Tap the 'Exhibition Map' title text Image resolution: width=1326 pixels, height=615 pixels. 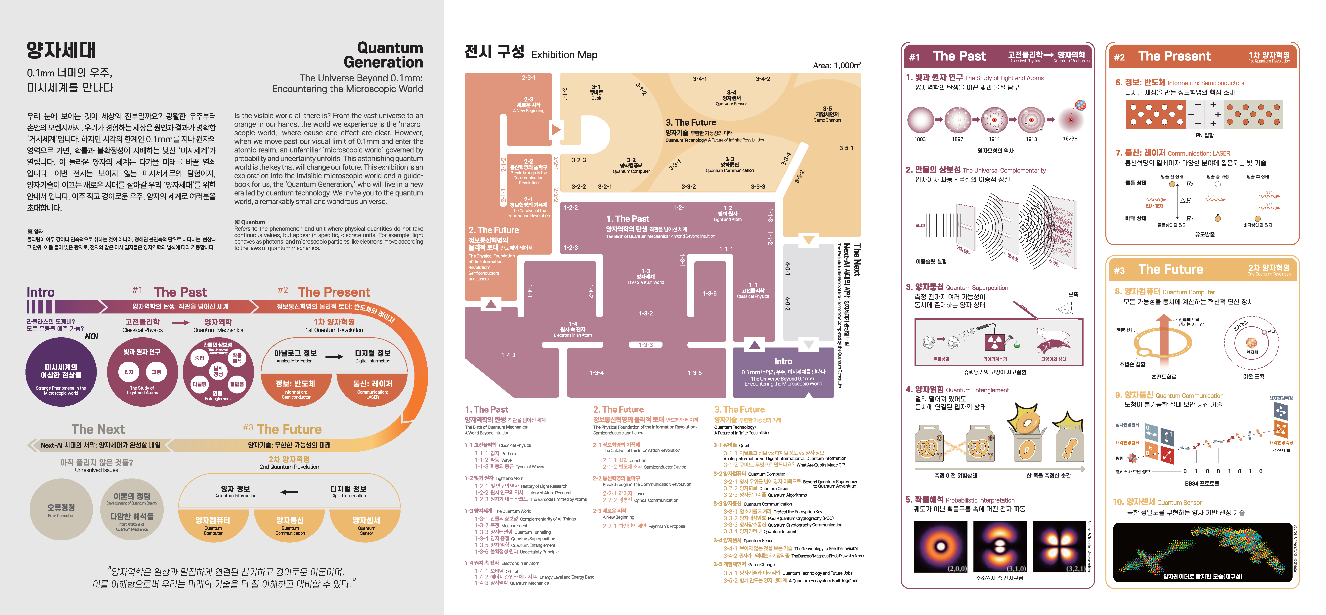point(564,55)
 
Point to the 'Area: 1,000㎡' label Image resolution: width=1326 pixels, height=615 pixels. point(836,65)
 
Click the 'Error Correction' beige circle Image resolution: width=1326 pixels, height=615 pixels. point(61,510)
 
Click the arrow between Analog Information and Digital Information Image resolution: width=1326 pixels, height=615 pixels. point(334,356)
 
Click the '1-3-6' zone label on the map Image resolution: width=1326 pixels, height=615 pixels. point(709,293)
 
